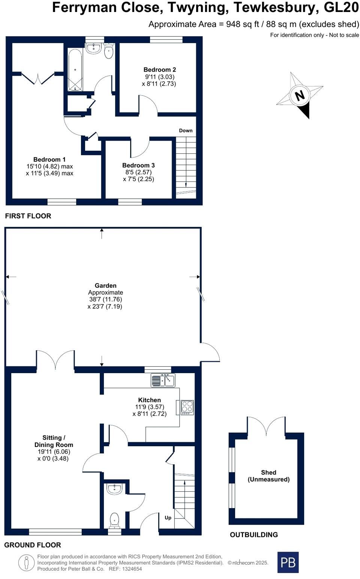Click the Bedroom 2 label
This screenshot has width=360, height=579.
tap(160, 69)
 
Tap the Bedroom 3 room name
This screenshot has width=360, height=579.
tap(138, 165)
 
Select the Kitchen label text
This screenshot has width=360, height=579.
tap(149, 400)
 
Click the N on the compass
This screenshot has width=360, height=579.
tap(300, 95)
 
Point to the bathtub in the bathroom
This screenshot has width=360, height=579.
tap(75, 70)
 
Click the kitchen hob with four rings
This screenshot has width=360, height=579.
tap(187, 407)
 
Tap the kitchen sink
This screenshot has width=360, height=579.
tap(163, 380)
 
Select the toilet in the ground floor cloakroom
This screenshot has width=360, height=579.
tap(114, 520)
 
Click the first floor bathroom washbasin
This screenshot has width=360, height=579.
tap(93, 48)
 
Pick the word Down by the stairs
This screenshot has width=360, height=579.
tap(186, 130)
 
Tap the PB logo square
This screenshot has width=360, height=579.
tap(288, 563)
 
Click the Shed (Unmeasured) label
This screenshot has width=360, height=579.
tap(268, 476)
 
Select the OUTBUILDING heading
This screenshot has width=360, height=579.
tap(254, 535)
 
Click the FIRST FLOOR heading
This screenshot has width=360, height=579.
tap(28, 216)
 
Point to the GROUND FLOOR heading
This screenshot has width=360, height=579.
tap(33, 545)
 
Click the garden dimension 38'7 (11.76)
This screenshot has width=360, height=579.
tap(105, 299)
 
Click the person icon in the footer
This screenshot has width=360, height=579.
tap(26, 563)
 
